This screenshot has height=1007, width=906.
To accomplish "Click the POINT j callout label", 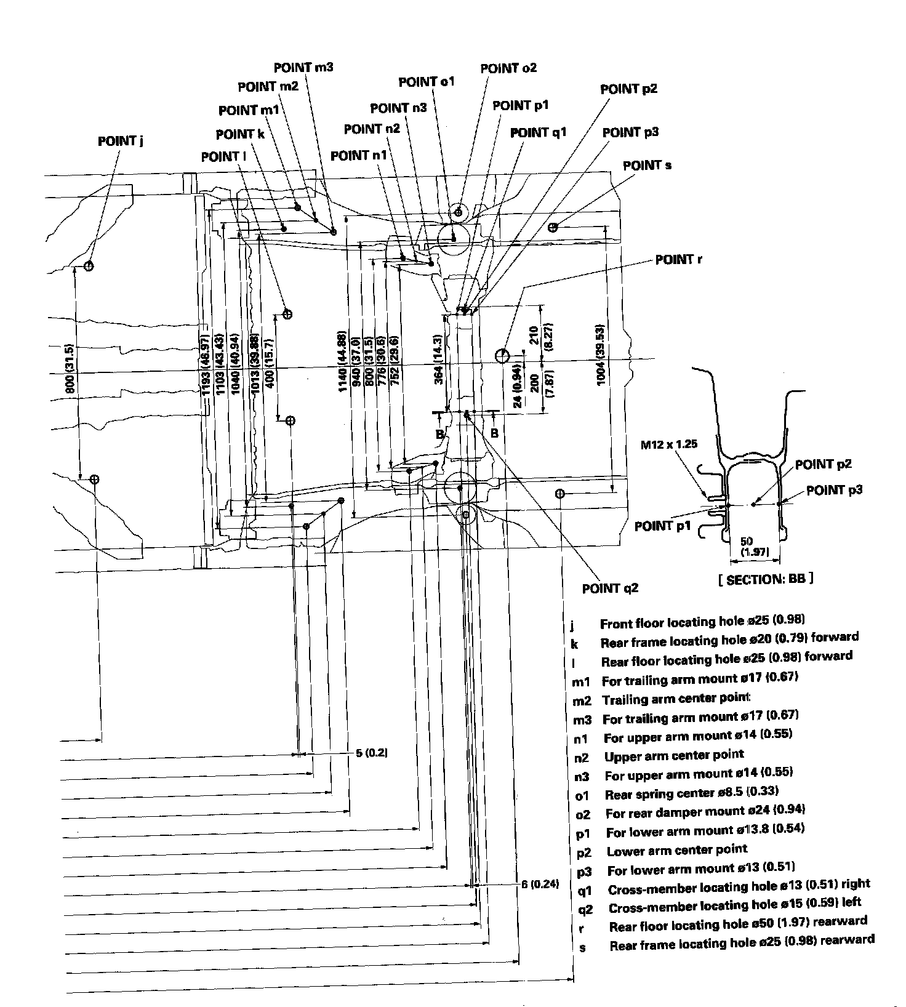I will click(121, 141).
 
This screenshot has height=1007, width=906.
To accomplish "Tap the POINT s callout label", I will click(647, 166).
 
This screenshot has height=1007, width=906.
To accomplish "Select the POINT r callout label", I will click(678, 260).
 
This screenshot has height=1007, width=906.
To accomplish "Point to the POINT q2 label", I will click(610, 588).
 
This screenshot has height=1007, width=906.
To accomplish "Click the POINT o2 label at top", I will click(508, 68).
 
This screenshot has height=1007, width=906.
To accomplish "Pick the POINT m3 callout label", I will click(303, 67).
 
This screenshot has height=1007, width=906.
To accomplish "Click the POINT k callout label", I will click(240, 134).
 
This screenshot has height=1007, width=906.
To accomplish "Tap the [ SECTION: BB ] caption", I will click(765, 579).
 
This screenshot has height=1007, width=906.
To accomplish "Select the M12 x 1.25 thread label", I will click(669, 444).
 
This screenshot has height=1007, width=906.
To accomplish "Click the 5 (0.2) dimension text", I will click(372, 752).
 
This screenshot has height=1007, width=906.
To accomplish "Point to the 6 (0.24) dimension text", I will click(540, 884).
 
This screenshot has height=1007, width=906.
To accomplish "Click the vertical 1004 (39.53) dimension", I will click(601, 354).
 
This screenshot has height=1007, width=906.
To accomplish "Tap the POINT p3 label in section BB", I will click(834, 491).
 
